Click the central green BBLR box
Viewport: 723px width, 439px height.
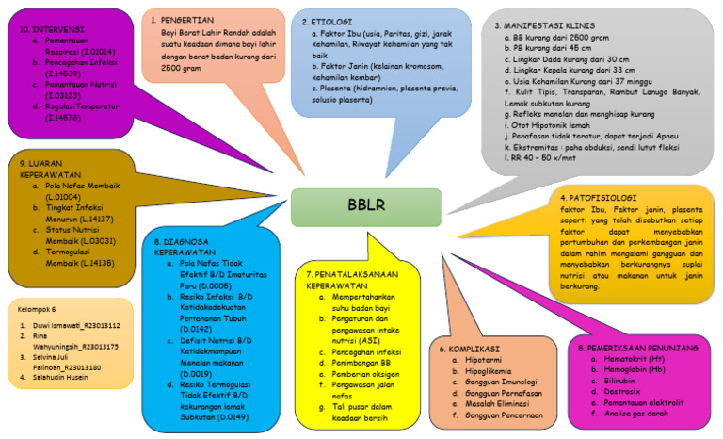click(x=365, y=206)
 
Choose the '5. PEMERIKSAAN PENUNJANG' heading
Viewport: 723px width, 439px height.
click(x=637, y=348)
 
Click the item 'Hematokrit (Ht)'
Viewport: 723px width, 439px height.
click(x=635, y=360)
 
